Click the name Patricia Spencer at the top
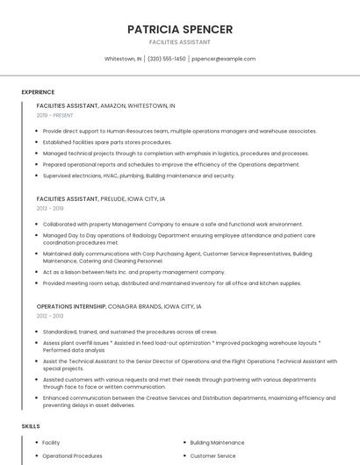click(180, 29)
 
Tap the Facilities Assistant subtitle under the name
click(180, 42)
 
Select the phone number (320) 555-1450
click(167, 59)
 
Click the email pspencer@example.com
click(223, 59)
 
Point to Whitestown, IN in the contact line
click(123, 59)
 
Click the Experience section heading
click(38, 92)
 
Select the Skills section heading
click(31, 426)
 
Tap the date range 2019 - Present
click(54, 115)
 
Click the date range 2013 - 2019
click(50, 209)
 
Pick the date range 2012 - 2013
click(50, 316)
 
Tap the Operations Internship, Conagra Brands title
click(119, 306)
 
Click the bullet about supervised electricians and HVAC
click(139, 175)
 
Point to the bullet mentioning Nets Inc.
click(133, 272)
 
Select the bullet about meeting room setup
click(171, 283)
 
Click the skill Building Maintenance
click(217, 443)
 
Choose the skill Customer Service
click(212, 456)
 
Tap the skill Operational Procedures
click(72, 456)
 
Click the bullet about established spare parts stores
click(107, 142)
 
